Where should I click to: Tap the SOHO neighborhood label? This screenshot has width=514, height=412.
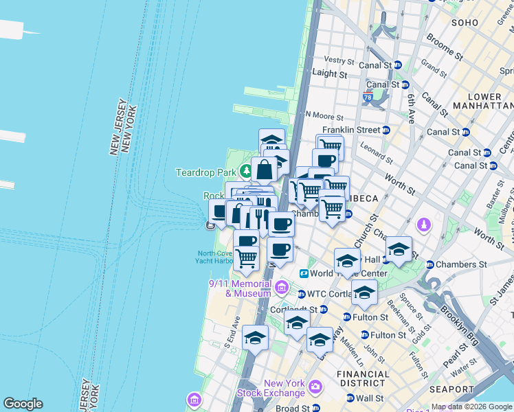point(465,23)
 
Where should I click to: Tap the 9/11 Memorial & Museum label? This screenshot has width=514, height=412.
point(240,288)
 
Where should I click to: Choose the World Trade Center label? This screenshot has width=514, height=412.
point(340,273)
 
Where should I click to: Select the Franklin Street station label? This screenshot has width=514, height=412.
point(351,129)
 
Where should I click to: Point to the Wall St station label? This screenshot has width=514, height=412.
point(369,398)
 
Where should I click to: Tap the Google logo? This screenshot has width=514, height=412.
point(23,404)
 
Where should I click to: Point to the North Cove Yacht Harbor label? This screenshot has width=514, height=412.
point(216,256)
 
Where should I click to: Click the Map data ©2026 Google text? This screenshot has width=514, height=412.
point(471,407)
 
